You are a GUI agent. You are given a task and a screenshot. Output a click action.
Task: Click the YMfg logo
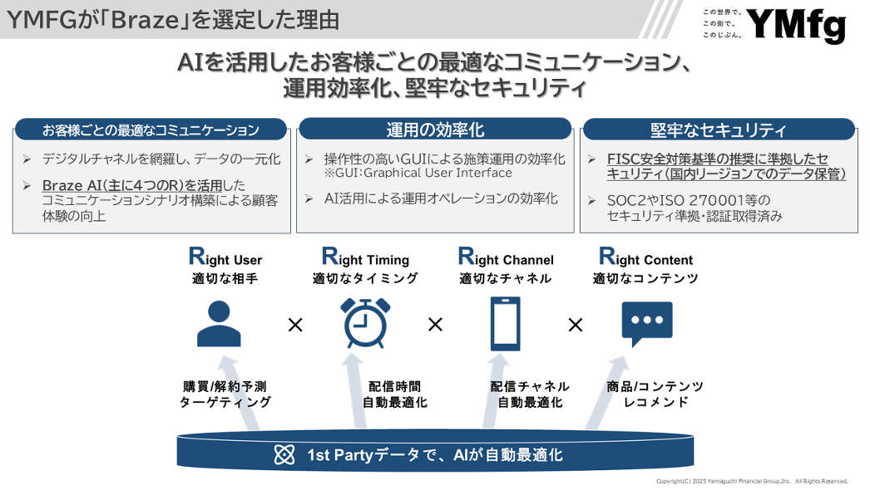[796, 26]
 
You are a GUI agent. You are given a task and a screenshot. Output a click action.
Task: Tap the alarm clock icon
[365, 323]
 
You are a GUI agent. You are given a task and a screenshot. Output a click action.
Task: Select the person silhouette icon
[220, 324]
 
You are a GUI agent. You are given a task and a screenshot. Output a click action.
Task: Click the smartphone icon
[506, 324]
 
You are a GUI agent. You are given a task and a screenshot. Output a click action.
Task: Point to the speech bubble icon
[647, 324]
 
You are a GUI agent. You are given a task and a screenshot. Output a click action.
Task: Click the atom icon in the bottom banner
[284, 455]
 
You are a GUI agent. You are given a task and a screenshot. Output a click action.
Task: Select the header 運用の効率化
[436, 130]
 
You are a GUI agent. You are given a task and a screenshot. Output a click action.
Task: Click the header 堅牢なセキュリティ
[719, 130]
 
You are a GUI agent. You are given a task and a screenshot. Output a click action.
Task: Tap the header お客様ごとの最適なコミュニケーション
[151, 130]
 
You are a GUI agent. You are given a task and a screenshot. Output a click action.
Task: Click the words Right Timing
[366, 257]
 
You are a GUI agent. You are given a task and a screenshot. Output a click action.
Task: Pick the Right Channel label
[506, 257]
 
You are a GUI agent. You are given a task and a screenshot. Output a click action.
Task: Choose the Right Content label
[645, 257]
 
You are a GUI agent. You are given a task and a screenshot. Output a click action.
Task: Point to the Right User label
[225, 257]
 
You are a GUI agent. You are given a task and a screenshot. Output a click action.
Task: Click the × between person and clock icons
[295, 325]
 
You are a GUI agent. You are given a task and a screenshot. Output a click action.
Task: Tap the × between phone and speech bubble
[576, 325]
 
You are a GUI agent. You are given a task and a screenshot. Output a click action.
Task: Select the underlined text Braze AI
[72, 185]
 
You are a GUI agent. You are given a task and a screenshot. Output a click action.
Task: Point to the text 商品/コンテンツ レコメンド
[655, 394]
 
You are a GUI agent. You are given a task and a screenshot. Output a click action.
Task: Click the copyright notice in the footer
[752, 481]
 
